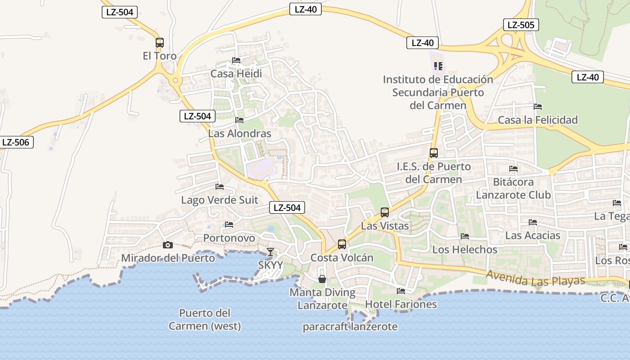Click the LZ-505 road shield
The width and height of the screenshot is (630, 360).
pyautogui.click(x=521, y=25)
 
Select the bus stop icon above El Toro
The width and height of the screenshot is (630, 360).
pyautogui.click(x=160, y=43)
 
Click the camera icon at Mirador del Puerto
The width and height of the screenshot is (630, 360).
pyautogui.click(x=167, y=245)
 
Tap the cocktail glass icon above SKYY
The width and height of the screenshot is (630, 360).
pyautogui.click(x=270, y=252)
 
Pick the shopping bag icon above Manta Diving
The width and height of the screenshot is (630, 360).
pyautogui.click(x=322, y=279)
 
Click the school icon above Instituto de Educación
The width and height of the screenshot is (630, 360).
pyautogui.click(x=438, y=67)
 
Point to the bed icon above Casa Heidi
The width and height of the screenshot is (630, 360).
pyautogui.click(x=236, y=60)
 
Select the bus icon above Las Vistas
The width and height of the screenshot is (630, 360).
pyautogui.click(x=385, y=212)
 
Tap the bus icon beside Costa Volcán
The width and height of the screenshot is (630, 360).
pyautogui.click(x=342, y=244)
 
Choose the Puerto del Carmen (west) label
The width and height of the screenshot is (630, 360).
pyautogui.click(x=205, y=319)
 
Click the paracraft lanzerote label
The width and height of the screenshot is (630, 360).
pyautogui.click(x=350, y=327)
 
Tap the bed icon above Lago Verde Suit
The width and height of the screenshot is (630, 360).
pyautogui.click(x=220, y=187)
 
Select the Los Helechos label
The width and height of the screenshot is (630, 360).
pyautogui.click(x=465, y=249)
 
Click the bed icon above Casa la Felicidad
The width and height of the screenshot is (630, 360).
pyautogui.click(x=538, y=107)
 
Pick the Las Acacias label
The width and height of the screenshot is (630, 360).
pyautogui.click(x=533, y=235)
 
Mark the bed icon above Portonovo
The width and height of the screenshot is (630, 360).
pyautogui.click(x=229, y=225)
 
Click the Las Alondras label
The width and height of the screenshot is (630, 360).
pyautogui.click(x=239, y=134)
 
